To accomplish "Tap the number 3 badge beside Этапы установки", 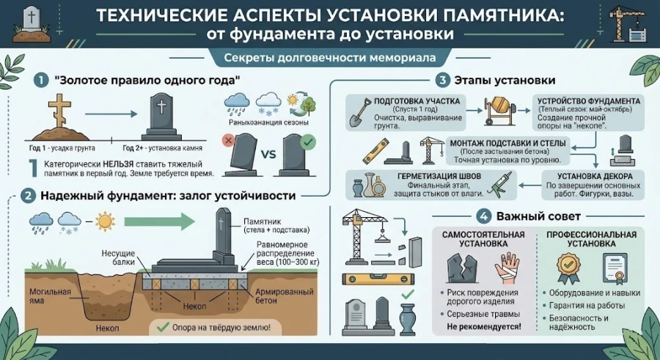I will (442, 80).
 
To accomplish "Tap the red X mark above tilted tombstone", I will (230, 140).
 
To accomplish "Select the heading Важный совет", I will (538, 217).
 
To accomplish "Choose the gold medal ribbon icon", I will (568, 267).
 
